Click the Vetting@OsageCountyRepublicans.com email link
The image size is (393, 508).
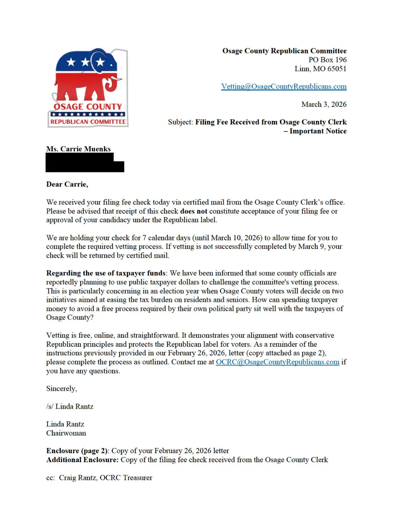[284, 87]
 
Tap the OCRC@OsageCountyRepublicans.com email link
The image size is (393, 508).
[277, 362]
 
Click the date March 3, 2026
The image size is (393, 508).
[324, 104]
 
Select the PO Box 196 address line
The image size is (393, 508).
[327, 60]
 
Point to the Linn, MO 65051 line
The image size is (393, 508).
[320, 69]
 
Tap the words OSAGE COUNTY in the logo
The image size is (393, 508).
[88, 107]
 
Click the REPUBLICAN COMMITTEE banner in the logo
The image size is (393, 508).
[88, 122]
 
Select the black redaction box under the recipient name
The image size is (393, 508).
[85, 163]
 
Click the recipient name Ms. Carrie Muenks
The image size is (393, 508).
[78, 149]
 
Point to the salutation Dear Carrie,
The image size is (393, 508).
[67, 184]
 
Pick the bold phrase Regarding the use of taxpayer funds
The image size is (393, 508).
[106, 273]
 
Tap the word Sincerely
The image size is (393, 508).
[61, 389]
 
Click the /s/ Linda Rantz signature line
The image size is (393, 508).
[70, 407]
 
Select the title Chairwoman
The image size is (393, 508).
[66, 433]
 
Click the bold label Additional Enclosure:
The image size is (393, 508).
[82, 460]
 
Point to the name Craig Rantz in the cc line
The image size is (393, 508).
[78, 478]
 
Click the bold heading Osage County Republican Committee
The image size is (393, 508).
[284, 51]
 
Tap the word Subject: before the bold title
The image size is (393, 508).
[180, 122]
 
